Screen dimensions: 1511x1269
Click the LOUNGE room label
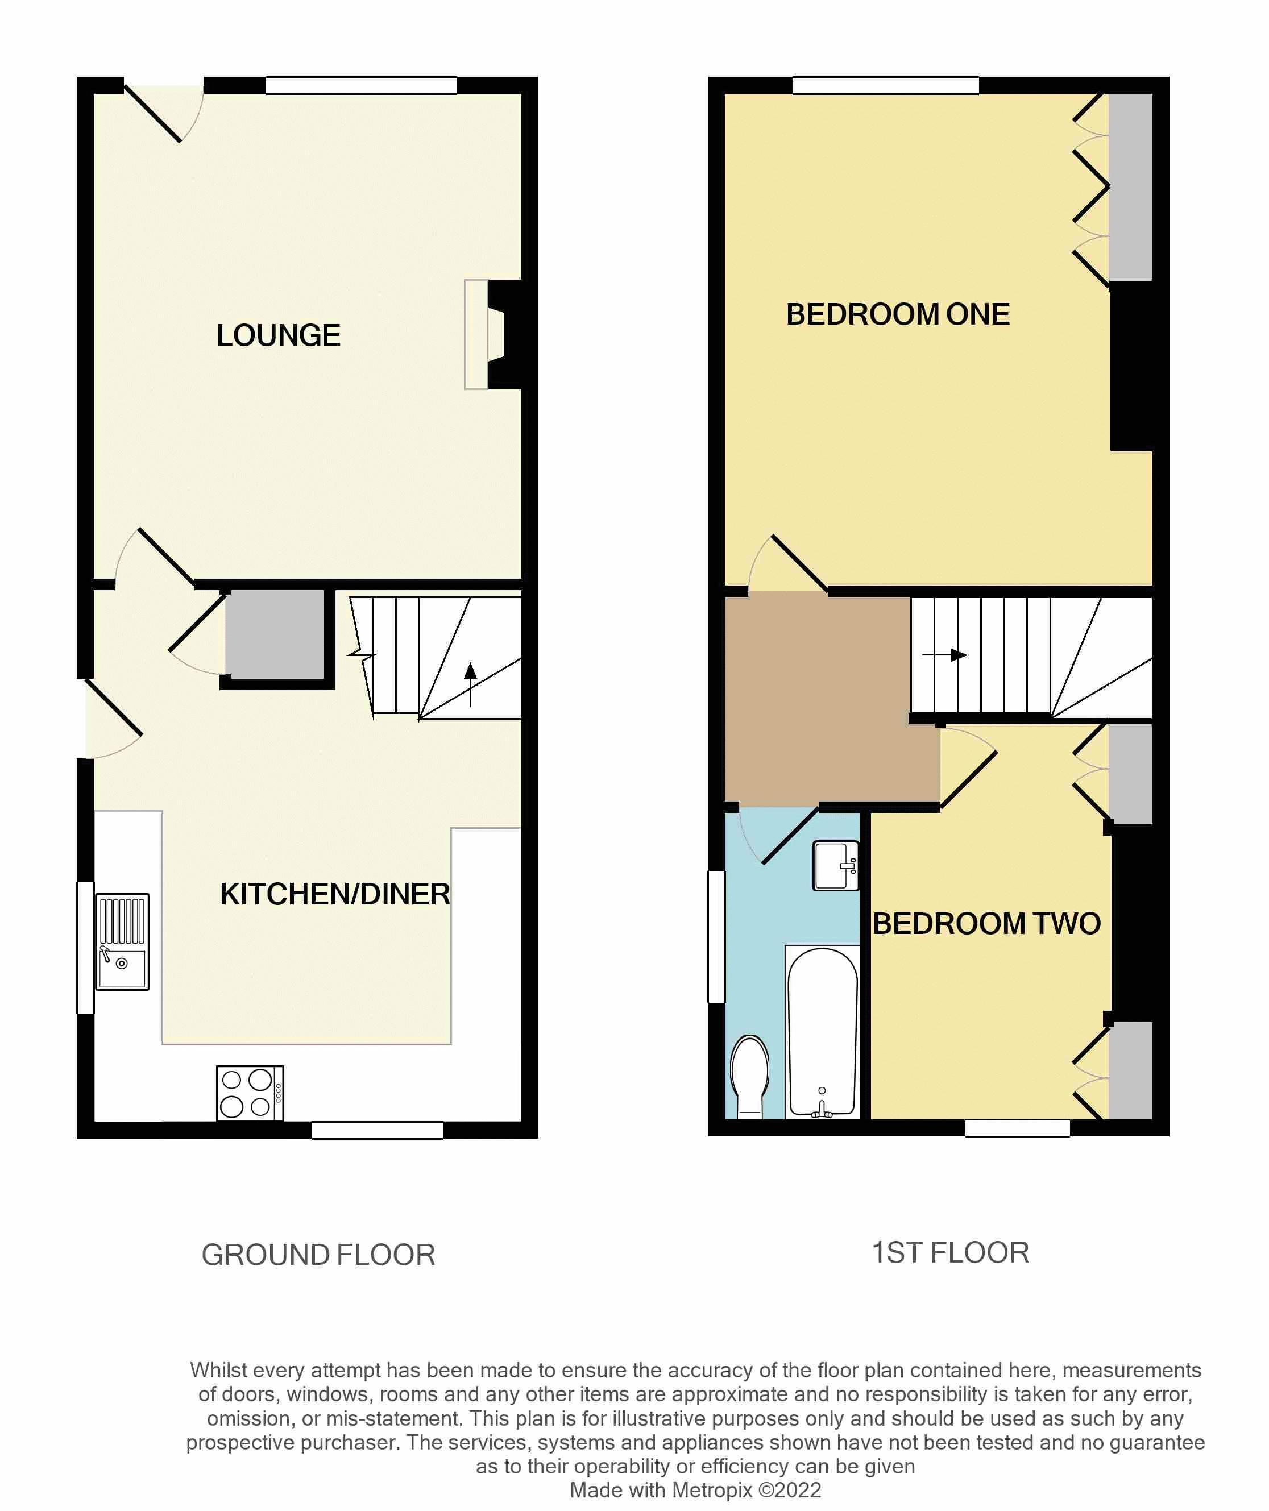279,336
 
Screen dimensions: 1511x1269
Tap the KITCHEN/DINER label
335,894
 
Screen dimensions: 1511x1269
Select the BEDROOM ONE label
898,314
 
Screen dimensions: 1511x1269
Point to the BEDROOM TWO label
986,924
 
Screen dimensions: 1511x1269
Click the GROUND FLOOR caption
318,1255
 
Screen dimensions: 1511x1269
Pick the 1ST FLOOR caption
950,1253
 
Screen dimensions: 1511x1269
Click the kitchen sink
122,942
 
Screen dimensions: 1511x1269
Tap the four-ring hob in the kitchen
250,1093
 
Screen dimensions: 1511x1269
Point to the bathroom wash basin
836,866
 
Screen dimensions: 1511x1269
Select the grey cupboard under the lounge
275,634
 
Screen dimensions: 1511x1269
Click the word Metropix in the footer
712,1490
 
